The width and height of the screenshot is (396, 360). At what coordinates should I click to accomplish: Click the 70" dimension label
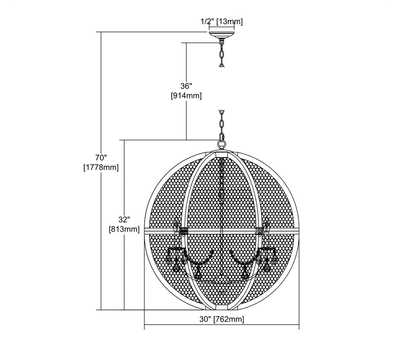click(101, 158)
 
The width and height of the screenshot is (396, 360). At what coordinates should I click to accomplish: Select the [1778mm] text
click(101, 167)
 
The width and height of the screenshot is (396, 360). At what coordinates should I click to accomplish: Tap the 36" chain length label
click(186, 86)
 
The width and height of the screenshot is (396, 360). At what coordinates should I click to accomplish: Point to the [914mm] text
click(186, 96)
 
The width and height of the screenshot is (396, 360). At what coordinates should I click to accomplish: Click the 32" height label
click(124, 219)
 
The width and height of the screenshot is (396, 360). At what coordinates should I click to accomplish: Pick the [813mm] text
click(124, 229)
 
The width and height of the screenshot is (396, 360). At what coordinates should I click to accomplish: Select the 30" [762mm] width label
click(222, 319)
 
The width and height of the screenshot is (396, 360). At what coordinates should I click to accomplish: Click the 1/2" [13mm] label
click(222, 22)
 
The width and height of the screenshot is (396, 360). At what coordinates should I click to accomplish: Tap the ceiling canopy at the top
click(221, 34)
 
